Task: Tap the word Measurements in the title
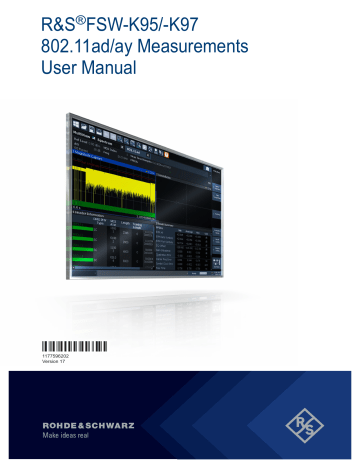[x=189, y=46]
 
